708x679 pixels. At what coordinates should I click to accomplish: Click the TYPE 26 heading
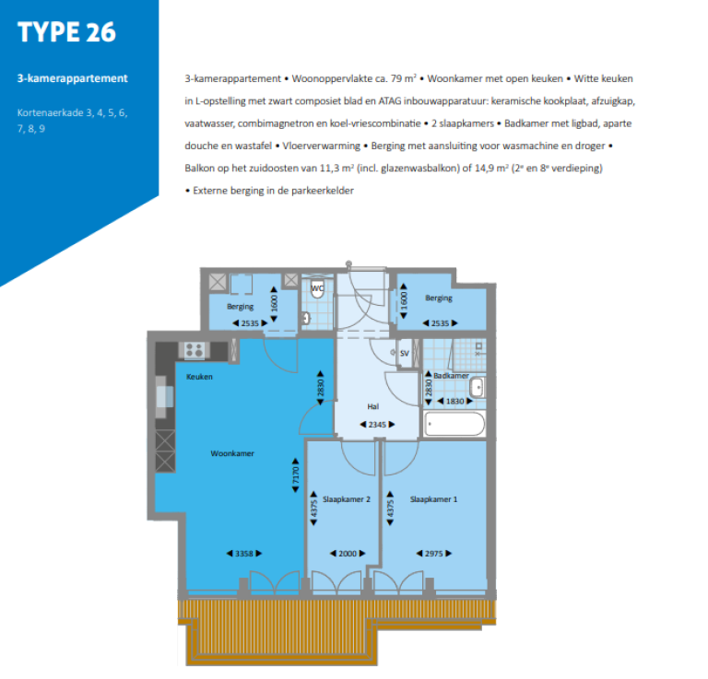67,31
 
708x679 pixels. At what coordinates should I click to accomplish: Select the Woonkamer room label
232,453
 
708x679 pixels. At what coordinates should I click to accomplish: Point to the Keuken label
200,377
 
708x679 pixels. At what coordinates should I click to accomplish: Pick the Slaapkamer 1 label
433,498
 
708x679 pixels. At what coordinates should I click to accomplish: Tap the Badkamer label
452,376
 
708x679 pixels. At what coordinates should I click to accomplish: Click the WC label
317,288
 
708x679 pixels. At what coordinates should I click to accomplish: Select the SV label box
404,353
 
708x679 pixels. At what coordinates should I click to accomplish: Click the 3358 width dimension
244,553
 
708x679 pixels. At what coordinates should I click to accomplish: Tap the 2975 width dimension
433,553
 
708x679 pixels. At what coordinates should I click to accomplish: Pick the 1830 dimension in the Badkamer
455,401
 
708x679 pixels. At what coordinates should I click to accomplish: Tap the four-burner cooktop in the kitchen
195,350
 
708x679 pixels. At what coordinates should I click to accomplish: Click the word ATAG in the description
391,100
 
